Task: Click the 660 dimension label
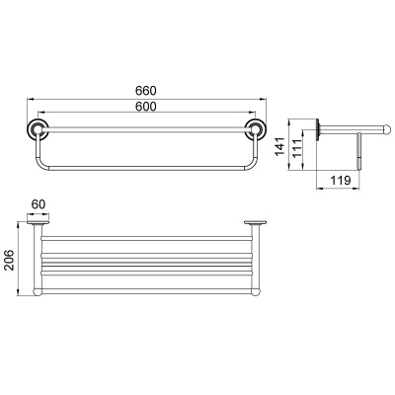[146, 90]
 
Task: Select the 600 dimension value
[146, 107]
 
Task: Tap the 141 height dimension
[279, 146]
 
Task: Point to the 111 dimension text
[296, 149]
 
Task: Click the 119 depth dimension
[340, 180]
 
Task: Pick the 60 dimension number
[39, 204]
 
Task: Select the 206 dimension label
[9, 260]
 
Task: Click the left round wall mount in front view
[38, 128]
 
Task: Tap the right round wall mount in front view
[256, 128]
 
